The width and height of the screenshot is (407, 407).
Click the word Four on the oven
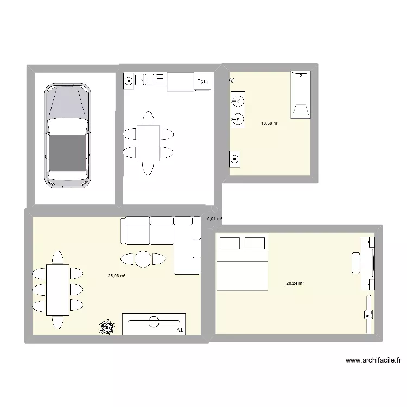[203, 82]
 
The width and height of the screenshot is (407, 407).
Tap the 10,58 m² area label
[269, 123]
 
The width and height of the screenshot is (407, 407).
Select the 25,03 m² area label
[117, 276]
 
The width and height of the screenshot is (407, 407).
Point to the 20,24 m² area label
[295, 283]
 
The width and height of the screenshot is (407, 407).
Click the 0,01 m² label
[214, 219]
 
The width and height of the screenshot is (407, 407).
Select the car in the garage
[67, 135]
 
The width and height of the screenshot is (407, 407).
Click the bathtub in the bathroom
[300, 94]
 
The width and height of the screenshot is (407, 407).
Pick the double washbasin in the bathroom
[237, 109]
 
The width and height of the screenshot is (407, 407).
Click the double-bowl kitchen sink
[145, 80]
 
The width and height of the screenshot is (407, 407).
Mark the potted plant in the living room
[106, 327]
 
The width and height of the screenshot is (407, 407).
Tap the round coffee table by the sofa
[143, 259]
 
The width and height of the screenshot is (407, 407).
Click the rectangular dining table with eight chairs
[57, 289]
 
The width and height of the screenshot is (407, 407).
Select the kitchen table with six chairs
[148, 142]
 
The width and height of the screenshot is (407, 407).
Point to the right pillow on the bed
[256, 242]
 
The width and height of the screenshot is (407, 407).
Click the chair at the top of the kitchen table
[148, 118]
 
